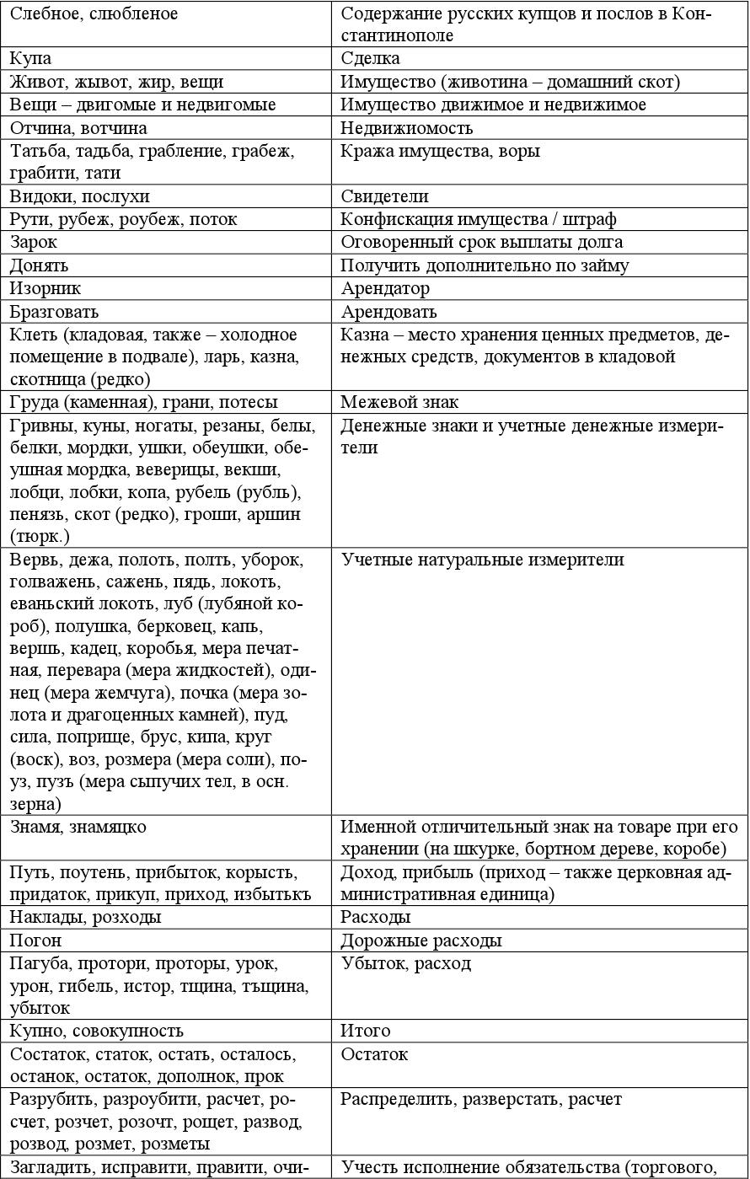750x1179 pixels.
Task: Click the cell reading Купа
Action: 31,59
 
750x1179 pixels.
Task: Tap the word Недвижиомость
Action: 407,128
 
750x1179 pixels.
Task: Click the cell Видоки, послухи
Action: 80,196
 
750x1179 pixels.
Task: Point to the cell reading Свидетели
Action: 385,196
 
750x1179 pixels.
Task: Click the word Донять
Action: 40,265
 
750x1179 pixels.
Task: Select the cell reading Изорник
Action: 46,288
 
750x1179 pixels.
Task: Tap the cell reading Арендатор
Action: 386,288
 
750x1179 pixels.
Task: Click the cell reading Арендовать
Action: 389,312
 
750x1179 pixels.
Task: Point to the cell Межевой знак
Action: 399,402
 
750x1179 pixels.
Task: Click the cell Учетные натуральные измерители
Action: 483,560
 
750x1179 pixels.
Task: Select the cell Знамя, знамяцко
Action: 78,827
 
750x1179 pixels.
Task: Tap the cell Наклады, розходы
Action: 85,917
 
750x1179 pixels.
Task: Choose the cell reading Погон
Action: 36,941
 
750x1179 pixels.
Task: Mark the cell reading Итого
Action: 366,1031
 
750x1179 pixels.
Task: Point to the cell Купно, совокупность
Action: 97,1031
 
